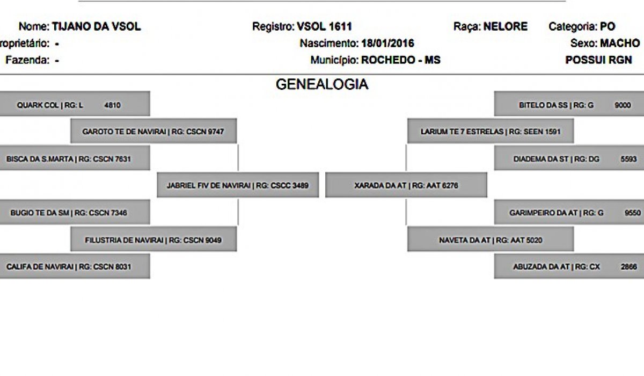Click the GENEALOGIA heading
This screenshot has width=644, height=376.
coord(322,84)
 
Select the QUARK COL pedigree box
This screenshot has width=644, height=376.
coord(75,104)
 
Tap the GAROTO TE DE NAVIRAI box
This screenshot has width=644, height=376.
coord(154,131)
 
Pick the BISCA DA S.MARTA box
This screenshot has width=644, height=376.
coord(75,158)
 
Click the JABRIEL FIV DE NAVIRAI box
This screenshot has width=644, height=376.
coord(238,185)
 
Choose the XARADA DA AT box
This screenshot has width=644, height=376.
coord(406,185)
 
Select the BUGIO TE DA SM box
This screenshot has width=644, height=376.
coord(75,212)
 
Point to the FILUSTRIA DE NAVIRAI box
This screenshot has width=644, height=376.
coord(154,239)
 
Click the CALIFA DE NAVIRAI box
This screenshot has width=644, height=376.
coord(75,266)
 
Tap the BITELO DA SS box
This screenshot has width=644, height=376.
coord(569,104)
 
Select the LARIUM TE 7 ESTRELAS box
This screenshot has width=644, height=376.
coord(491,131)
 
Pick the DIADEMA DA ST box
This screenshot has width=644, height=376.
coord(569,158)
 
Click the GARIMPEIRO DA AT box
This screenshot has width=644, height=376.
coord(569,212)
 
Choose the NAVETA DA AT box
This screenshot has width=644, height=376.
coord(491,239)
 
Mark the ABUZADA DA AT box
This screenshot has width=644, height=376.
coord(569,266)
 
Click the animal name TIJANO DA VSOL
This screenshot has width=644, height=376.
coord(96,26)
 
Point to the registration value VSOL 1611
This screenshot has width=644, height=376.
coord(324,26)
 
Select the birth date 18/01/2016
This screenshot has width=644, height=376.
coord(387,44)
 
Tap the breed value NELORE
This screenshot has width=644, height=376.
coord(506,26)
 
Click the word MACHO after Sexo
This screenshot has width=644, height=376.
coord(620,44)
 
